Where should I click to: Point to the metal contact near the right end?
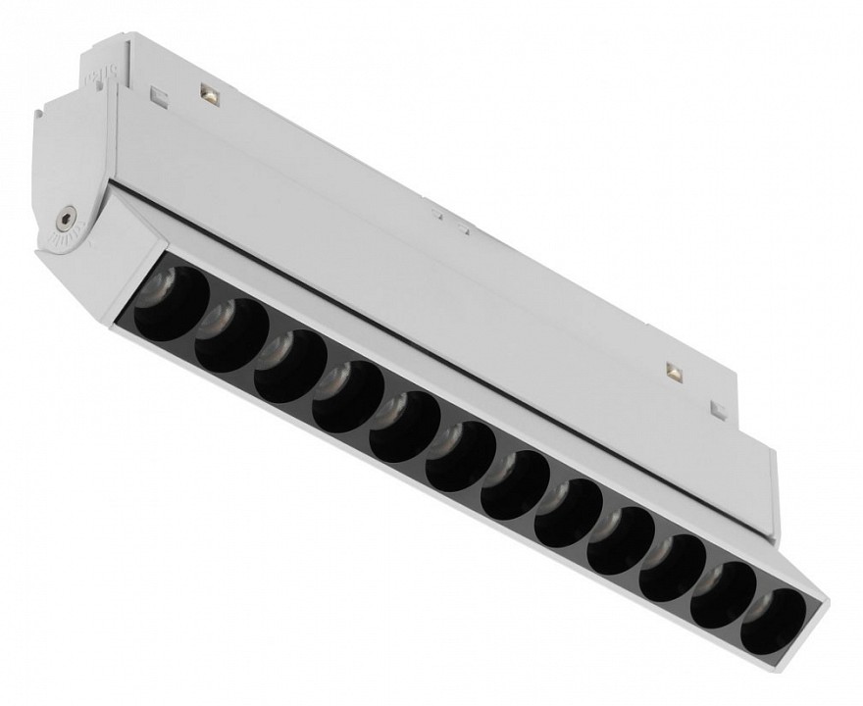[674, 371]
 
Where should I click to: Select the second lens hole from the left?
[231, 335]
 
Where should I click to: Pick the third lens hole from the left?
[290, 366]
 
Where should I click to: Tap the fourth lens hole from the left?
[348, 396]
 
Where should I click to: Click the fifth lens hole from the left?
[405, 427]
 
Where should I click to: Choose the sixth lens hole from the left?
[461, 456]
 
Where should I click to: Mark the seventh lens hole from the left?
[515, 484]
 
